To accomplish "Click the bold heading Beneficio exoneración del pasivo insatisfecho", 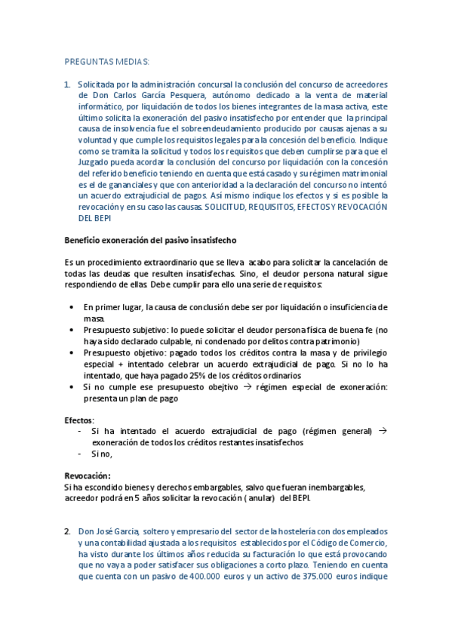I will tap(150, 240).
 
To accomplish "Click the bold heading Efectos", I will tap(78, 420).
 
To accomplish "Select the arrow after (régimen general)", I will tap(381, 431).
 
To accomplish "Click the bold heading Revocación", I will tap(88, 475).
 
